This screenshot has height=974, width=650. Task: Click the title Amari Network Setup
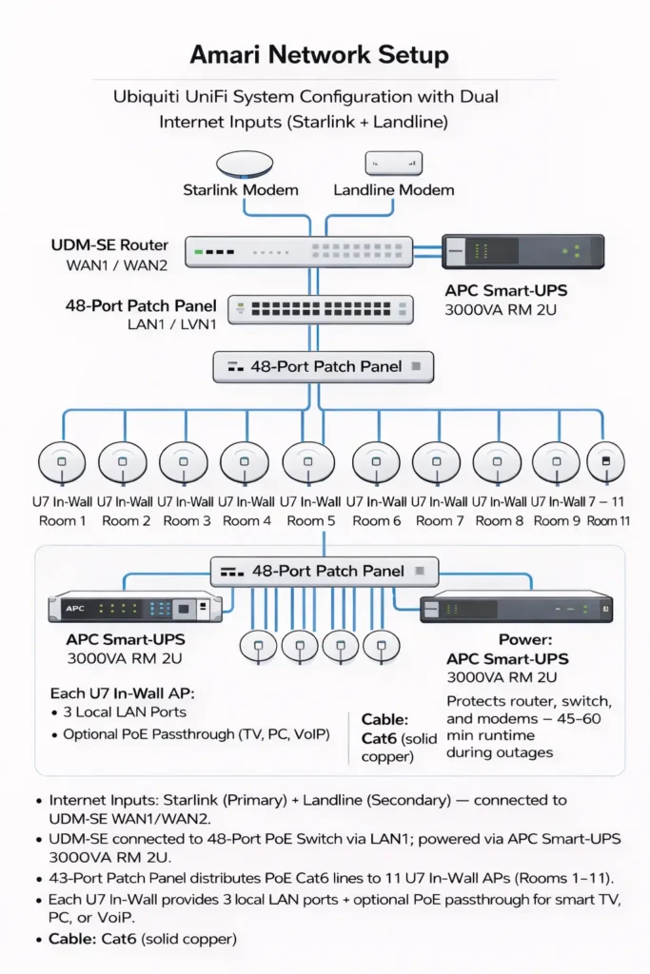click(x=319, y=54)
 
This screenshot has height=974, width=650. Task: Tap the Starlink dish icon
click(x=245, y=165)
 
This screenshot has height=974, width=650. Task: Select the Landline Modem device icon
click(x=393, y=163)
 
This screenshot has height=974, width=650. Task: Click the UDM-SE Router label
click(x=109, y=245)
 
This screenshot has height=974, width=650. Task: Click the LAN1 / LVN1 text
click(x=172, y=324)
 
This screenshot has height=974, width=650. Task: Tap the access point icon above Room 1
click(x=62, y=463)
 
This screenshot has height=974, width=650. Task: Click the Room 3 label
click(x=187, y=521)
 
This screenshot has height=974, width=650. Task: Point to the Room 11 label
click(x=608, y=521)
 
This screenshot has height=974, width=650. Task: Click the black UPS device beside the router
click(x=523, y=252)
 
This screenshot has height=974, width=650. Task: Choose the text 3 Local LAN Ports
click(x=125, y=711)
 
